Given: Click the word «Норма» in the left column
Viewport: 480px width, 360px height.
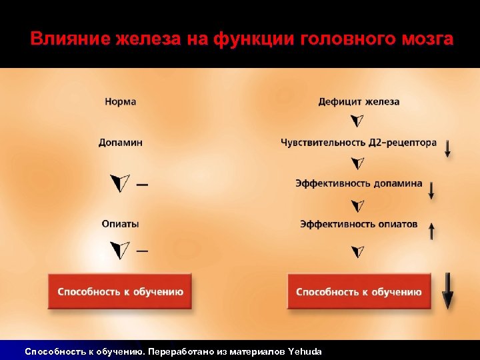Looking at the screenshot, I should pos(120,102).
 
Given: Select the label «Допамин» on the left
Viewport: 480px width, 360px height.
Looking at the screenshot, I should pos(120,143).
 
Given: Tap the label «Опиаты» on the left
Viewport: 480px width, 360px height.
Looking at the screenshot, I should pos(120,224).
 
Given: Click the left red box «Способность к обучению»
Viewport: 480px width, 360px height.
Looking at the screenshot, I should pos(120,291).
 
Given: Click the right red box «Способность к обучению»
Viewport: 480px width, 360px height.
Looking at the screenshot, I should pos(359,291).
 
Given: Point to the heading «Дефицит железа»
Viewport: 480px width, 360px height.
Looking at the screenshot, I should pos(359,102).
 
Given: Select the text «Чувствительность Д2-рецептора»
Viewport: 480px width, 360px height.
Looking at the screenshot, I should pos(359,143).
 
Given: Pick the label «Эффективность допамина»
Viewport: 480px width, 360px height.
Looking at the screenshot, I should pos(359,183).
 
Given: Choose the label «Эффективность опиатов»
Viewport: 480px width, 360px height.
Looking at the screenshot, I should pos(359,224).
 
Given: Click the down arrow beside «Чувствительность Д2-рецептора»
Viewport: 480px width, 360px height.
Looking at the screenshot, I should pos(447,148).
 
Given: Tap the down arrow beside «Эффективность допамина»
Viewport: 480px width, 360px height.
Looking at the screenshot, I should pos(431,190).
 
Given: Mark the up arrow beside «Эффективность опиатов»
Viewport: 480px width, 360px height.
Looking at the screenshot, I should pos(431,231).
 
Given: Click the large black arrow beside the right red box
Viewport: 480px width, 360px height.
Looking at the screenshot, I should pos(447,291).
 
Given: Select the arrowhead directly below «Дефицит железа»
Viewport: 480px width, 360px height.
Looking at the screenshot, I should pos(358,121).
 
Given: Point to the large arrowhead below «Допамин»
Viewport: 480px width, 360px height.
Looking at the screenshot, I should pos(120,183).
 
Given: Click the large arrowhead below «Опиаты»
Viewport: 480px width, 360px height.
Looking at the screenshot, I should pos(120,251).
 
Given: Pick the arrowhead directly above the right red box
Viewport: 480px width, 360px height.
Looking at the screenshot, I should pos(358,252).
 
